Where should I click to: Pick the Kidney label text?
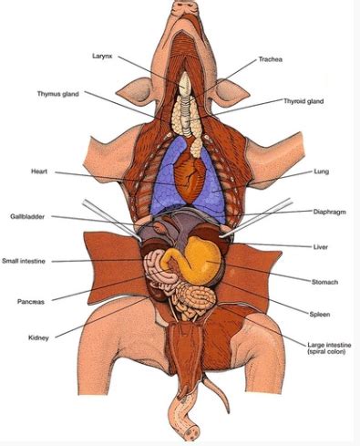pos(39,337)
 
